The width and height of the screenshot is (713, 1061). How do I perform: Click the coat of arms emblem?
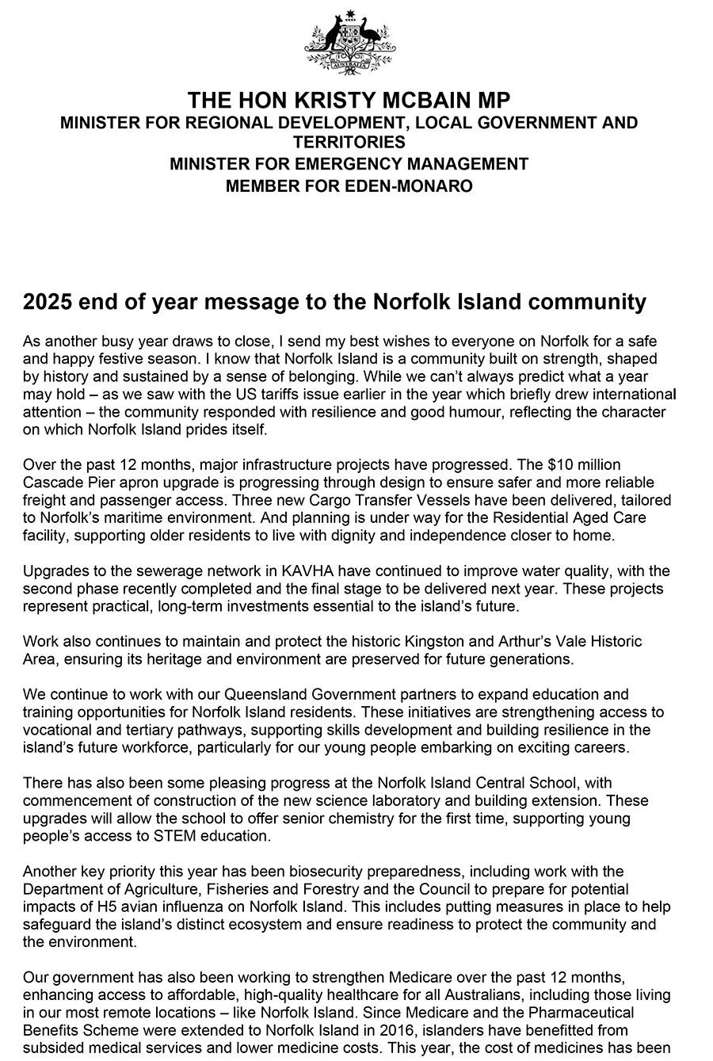pos(349,43)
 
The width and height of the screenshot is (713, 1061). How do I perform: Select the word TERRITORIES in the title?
pos(349,143)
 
